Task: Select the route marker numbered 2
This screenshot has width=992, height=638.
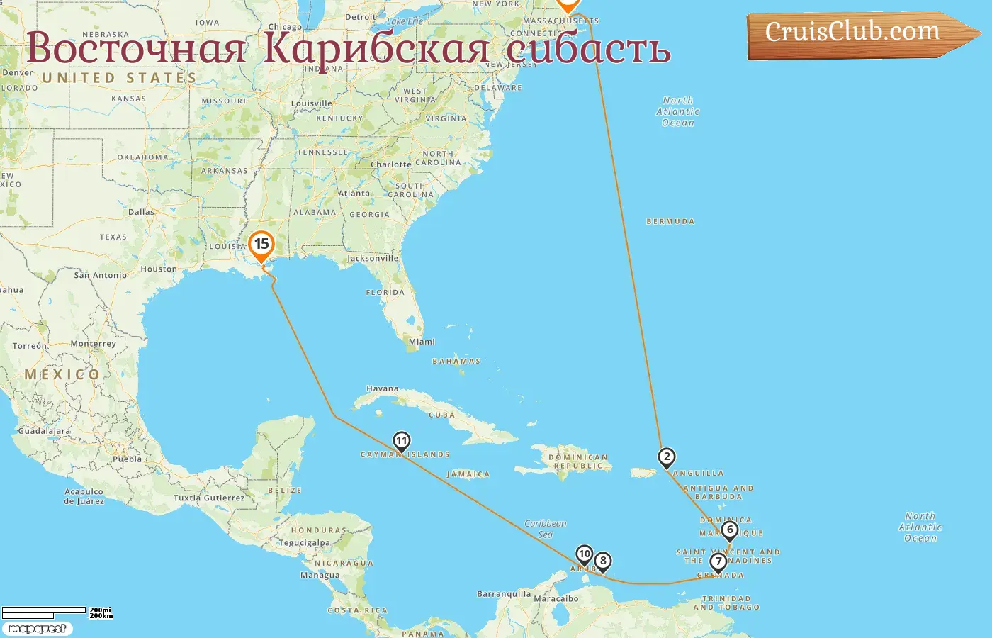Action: click(x=666, y=457)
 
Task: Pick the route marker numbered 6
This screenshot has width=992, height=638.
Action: click(x=730, y=530)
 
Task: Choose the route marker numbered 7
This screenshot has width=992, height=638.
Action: click(x=718, y=562)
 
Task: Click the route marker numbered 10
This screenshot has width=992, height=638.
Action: click(x=585, y=554)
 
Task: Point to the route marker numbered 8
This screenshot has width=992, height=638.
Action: click(x=603, y=561)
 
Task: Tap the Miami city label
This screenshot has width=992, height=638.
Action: click(x=422, y=342)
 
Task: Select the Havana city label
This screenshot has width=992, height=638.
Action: click(x=383, y=388)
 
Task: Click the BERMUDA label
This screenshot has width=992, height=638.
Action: click(x=670, y=222)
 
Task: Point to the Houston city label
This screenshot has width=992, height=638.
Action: click(x=159, y=269)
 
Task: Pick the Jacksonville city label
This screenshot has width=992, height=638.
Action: click(x=373, y=259)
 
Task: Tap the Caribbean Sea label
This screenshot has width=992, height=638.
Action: click(x=546, y=529)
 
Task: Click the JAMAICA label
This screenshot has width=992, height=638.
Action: click(x=468, y=474)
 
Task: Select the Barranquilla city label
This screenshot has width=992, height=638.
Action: click(x=504, y=594)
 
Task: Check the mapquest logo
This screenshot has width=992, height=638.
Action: click(x=37, y=629)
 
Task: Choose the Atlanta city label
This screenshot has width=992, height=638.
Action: click(x=354, y=194)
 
